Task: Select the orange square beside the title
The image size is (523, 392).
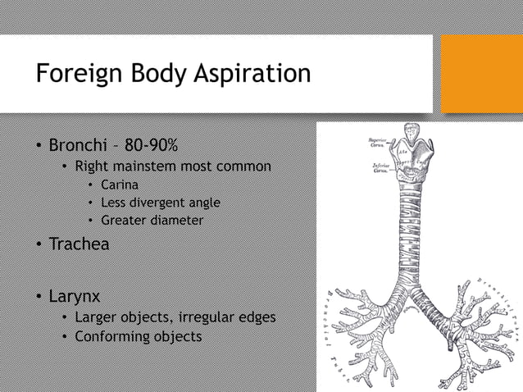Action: (481, 74)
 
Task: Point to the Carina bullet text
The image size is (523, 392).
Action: (119, 185)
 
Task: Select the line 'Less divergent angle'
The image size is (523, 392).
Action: (160, 203)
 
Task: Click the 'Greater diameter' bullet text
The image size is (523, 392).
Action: (152, 220)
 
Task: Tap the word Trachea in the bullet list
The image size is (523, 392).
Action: (79, 244)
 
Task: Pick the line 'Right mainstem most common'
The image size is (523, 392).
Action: (172, 166)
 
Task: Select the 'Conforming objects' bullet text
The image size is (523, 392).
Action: (138, 336)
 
